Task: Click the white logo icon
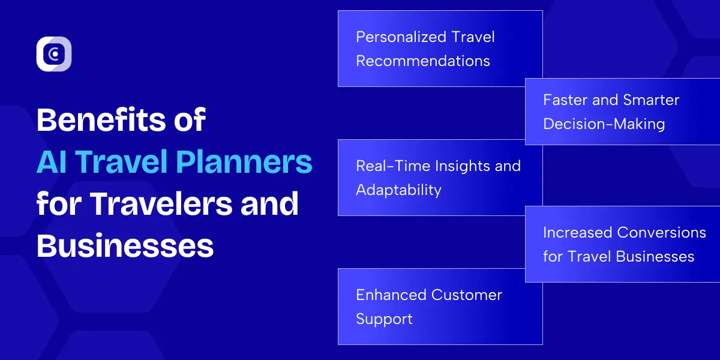pos(54,54)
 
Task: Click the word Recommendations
pos(423,61)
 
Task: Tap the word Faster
pos(565,100)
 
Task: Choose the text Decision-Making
pos(604,124)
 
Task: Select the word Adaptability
pos(398,190)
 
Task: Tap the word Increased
pos(578,232)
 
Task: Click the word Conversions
pos(662,232)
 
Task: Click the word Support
pos(384,319)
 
